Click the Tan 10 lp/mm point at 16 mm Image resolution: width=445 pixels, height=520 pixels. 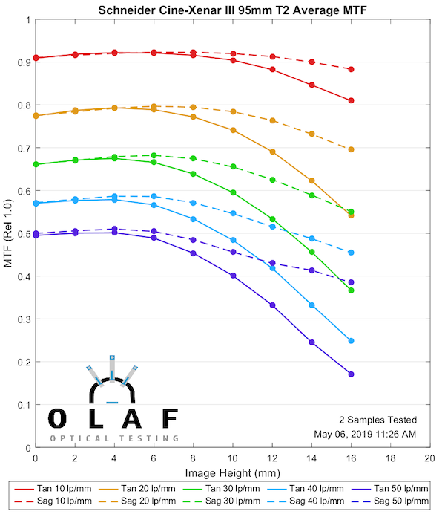[x=351, y=100]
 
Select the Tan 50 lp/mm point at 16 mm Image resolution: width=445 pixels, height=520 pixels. [x=351, y=374]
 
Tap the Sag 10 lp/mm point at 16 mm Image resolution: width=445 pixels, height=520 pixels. [x=351, y=69]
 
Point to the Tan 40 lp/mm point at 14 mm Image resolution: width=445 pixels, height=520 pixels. [x=311, y=305]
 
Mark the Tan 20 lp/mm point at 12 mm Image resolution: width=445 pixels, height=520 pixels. [x=272, y=152]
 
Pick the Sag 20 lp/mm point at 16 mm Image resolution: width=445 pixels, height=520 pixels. [x=351, y=149]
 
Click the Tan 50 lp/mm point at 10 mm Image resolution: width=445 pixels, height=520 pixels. [x=233, y=276]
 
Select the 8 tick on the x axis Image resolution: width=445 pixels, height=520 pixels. [x=193, y=461]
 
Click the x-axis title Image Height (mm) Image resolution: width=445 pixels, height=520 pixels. [x=232, y=473]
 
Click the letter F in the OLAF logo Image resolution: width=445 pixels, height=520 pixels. [x=169, y=418]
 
